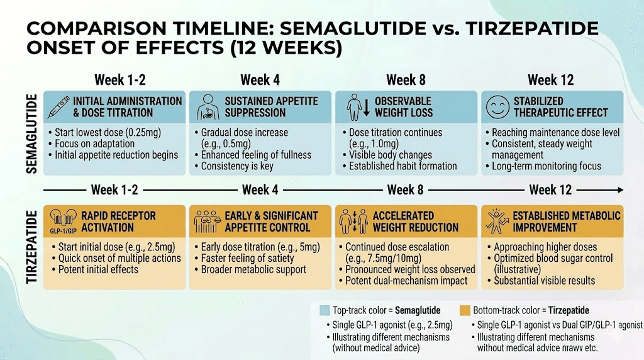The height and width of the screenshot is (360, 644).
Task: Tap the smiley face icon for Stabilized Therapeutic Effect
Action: coord(496,106)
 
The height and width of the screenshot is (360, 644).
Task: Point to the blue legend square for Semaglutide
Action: coord(325,310)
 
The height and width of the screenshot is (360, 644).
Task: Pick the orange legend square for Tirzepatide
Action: coord(465,310)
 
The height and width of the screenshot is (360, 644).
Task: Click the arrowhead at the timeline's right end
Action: coord(621,189)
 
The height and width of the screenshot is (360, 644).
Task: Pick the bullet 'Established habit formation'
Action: coord(403,166)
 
